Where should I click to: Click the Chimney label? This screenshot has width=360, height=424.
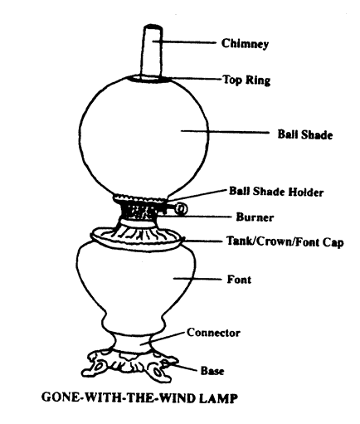coord(245,44)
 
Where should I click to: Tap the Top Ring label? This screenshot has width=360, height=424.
coord(246,80)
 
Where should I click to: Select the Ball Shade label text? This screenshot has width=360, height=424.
coord(305,134)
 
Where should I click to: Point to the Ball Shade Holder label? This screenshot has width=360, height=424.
coord(276,192)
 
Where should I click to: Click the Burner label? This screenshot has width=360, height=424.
coord(255,217)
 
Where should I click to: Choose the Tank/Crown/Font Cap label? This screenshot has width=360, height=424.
coord(285,241)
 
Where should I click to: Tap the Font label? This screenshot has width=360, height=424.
coord(239,280)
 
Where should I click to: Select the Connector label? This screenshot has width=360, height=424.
coord(213,333)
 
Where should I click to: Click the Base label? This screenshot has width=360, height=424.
coord(212,371)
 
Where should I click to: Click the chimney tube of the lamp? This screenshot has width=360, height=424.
coord(152,52)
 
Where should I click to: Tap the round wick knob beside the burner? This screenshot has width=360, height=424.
coord(182,209)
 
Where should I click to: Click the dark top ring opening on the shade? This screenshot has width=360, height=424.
coord(150,79)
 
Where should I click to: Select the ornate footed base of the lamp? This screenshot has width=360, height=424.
coord(130,366)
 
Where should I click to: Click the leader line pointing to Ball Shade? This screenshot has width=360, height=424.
coord(225,132)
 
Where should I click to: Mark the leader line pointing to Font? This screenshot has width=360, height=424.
coord(197,279)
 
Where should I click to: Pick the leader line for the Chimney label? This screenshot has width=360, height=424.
coord(183,42)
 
